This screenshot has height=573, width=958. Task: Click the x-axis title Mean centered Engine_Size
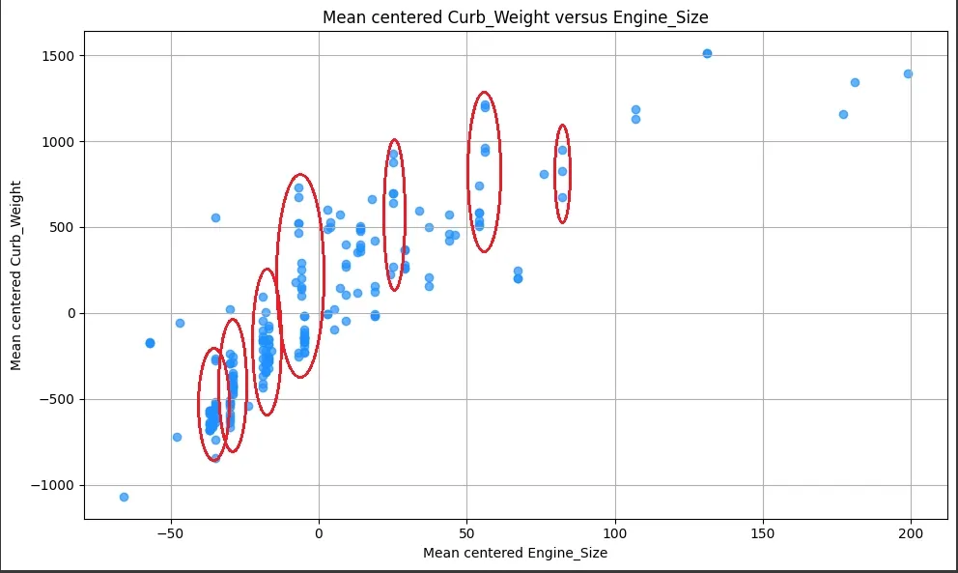point(515,553)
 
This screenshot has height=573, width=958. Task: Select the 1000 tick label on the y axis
point(60,142)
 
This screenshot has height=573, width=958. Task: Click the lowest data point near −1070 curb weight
point(124,497)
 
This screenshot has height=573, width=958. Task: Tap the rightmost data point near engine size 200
point(908,73)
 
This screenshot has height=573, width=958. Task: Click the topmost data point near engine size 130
point(707,53)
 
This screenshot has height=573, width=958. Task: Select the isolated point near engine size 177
point(843,114)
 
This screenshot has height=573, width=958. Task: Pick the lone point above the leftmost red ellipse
point(215,217)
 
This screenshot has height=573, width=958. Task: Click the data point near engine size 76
point(544,174)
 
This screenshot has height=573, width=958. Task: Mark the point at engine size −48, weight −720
point(177,437)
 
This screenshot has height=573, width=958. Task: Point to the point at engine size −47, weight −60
point(180,323)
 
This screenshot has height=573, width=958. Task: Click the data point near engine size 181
point(855,82)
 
